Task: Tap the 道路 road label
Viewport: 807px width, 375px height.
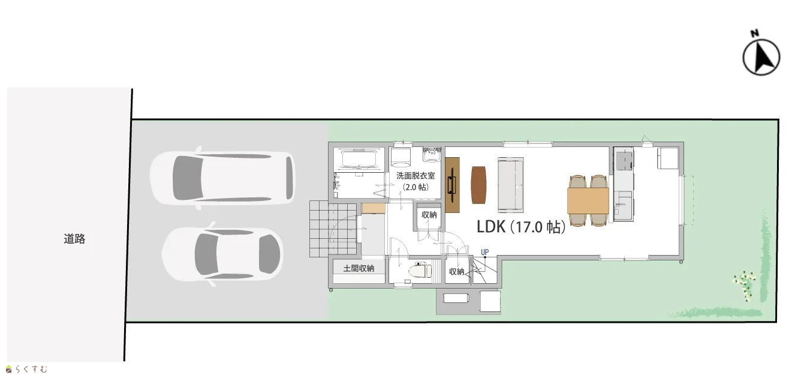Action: [74, 239]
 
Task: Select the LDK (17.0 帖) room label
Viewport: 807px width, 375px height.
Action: [521, 227]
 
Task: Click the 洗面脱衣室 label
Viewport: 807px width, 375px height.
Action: [415, 176]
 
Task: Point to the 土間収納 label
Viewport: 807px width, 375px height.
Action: [359, 268]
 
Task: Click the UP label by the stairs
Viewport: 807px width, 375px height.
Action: [484, 252]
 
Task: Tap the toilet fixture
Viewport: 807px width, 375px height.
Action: [420, 269]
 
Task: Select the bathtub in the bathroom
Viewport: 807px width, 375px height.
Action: [359, 158]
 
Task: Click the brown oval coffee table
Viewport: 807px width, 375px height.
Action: [478, 185]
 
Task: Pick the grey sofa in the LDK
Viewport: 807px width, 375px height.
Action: [510, 185]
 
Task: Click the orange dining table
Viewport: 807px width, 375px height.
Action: [588, 200]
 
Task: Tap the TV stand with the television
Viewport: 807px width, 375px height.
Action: [452, 185]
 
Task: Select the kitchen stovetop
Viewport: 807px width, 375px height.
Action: [624, 160]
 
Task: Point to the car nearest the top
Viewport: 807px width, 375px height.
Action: [222, 178]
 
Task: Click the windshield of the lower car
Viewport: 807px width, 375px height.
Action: [269, 254]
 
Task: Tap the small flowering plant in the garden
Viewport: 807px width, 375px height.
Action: [745, 284]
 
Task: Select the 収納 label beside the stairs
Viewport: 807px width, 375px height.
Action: [456, 272]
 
